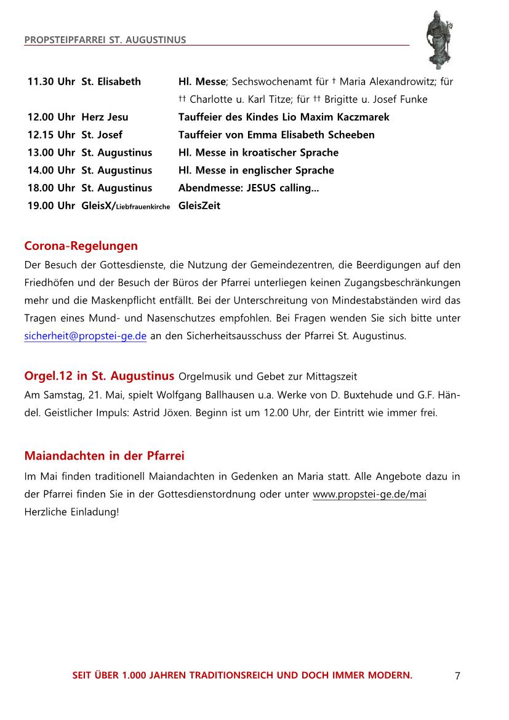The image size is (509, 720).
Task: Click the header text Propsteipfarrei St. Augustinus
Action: [x=105, y=40]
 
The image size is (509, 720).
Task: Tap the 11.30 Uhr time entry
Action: [x=51, y=81]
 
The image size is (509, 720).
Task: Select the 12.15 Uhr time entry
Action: [x=51, y=135]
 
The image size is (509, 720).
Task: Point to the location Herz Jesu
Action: [x=105, y=117]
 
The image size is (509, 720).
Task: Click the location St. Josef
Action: [x=102, y=135]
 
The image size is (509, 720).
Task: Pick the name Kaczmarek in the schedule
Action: [x=360, y=117]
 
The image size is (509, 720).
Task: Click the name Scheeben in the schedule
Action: [x=348, y=135]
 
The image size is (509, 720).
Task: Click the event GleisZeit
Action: [x=199, y=206]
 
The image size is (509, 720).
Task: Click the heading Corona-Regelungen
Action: [x=81, y=246]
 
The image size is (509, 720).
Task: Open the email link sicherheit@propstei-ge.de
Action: [x=85, y=337]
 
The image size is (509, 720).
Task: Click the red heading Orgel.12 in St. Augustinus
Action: [x=100, y=375]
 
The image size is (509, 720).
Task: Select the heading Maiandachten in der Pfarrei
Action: [x=104, y=456]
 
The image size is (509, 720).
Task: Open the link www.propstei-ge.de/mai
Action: [x=369, y=495]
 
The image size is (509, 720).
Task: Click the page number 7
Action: [x=457, y=676]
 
